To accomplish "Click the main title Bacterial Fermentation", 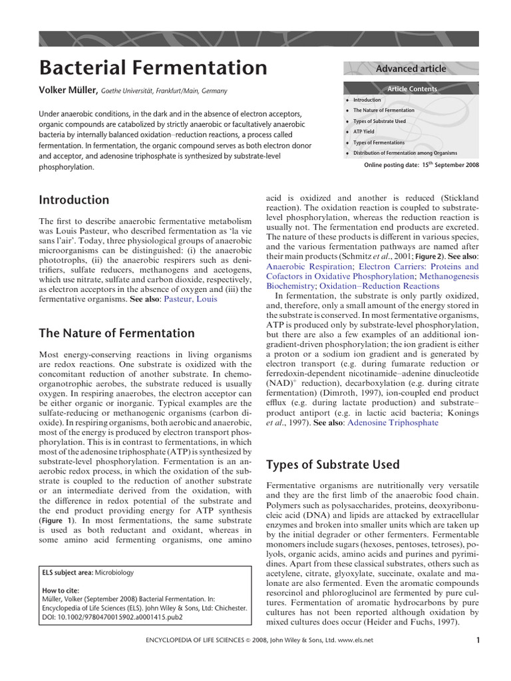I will [153, 67].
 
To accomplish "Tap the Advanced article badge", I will [411, 68].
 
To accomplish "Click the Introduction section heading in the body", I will [74, 200].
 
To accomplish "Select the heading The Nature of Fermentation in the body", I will [117, 333].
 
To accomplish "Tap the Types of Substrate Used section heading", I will [333, 464].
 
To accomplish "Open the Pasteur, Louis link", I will [193, 299].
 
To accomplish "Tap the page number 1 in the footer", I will [478, 640].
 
